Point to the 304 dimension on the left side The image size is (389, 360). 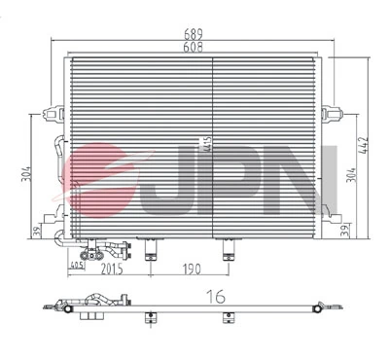pyautogui.click(x=28, y=175)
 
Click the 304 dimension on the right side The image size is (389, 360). pyautogui.click(x=350, y=175)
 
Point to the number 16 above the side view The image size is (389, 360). pyautogui.click(x=220, y=294)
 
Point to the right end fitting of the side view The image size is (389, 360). pyautogui.click(x=321, y=308)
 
